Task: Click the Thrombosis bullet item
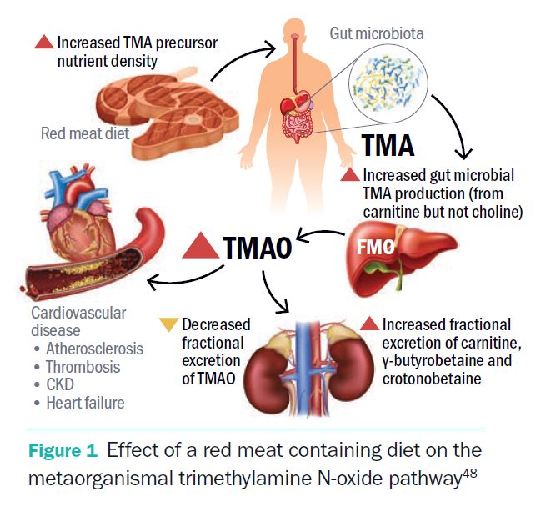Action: click(83, 367)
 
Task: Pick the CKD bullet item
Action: click(63, 385)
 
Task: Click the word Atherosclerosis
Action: click(94, 349)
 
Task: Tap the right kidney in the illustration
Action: click(348, 368)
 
